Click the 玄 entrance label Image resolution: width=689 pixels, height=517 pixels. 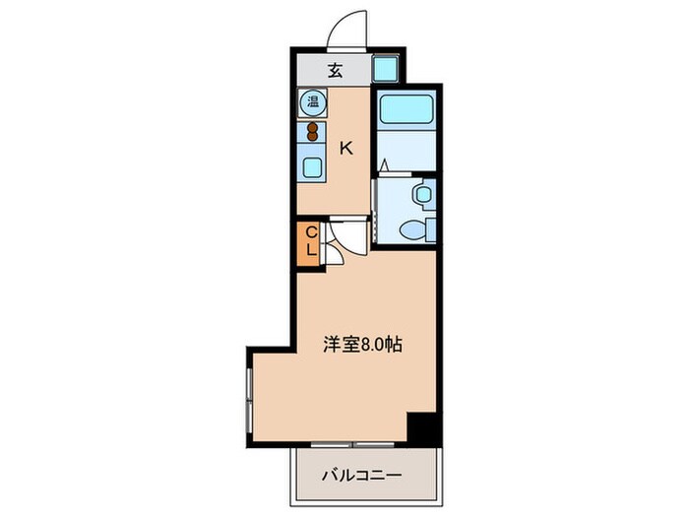pyautogui.click(x=335, y=70)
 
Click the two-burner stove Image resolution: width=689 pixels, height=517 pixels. pyautogui.click(x=313, y=131)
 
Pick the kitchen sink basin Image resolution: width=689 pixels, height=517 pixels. pyautogui.click(x=313, y=166)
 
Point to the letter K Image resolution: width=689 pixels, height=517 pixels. pyautogui.click(x=345, y=149)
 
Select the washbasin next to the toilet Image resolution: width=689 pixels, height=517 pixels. pyautogui.click(x=421, y=194)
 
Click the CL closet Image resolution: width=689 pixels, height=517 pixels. pyautogui.click(x=310, y=242)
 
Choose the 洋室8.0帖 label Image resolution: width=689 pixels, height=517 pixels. pyautogui.click(x=363, y=345)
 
